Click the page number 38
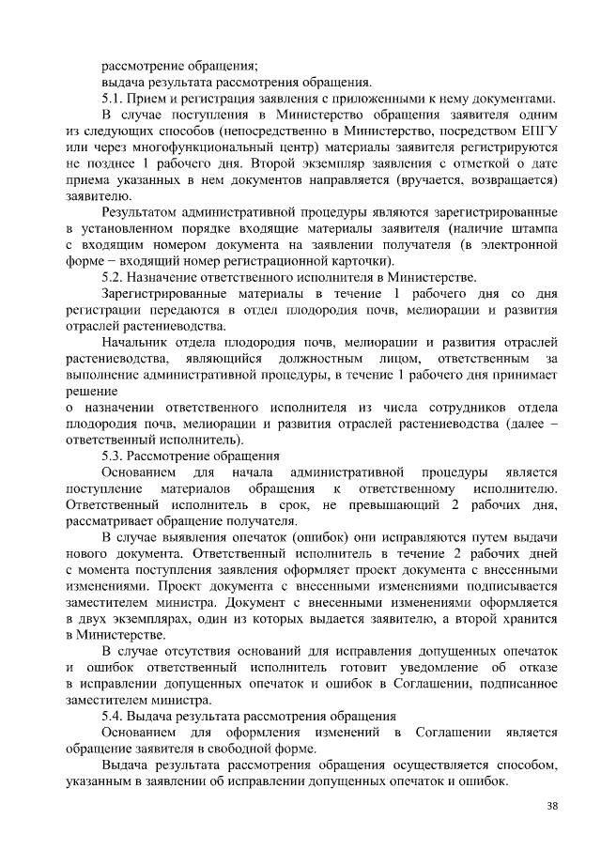click(551, 805)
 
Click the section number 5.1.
click(114, 99)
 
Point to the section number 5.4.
click(114, 716)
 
